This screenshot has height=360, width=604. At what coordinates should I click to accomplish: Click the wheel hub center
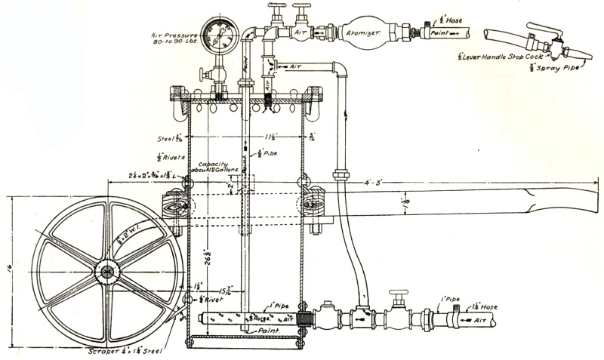coord(106,270)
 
